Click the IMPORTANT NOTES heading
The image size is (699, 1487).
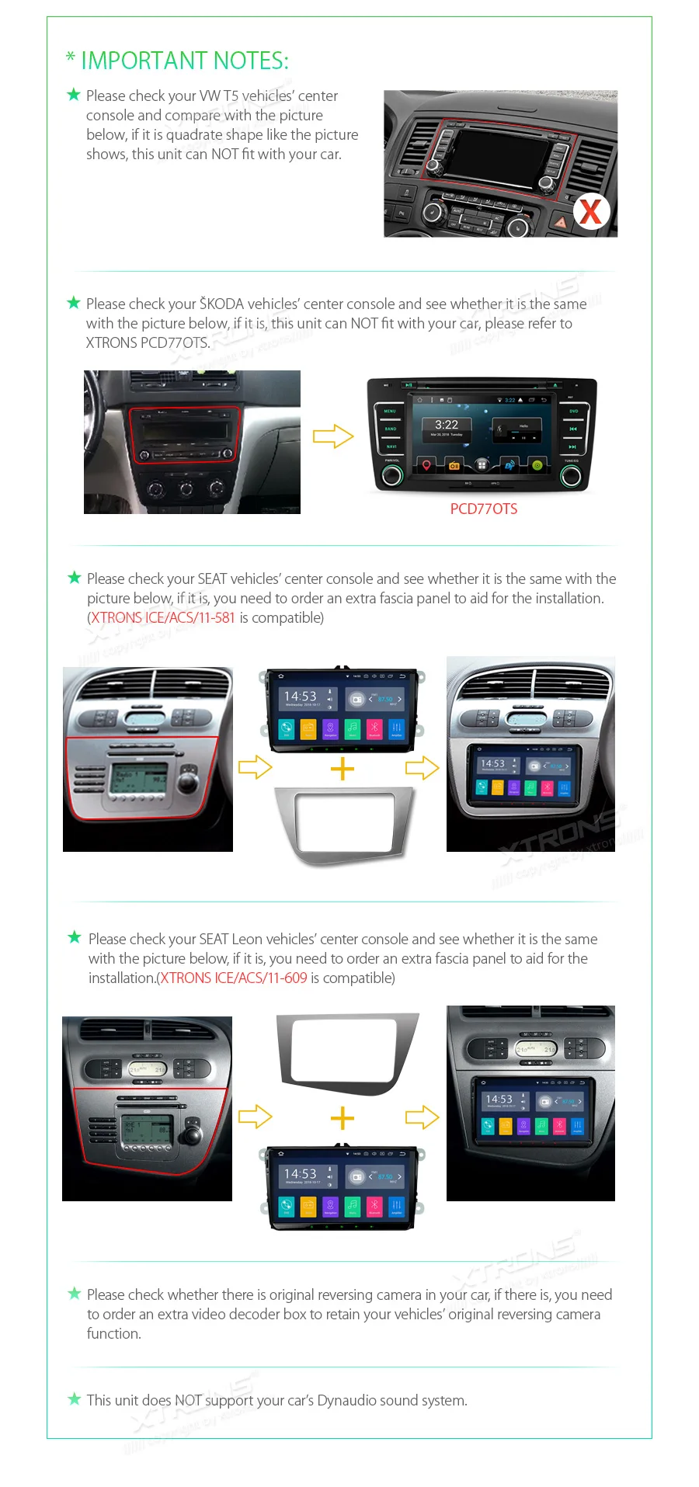184,61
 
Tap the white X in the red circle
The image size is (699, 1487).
591,211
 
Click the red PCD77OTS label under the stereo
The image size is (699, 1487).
483,509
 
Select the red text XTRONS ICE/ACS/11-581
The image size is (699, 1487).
163,618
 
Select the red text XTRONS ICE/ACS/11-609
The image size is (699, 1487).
234,978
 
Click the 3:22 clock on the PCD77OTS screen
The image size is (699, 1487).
446,425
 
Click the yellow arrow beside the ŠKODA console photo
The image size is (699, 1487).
333,436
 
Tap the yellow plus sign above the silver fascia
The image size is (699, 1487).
342,769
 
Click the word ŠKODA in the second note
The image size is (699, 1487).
221,304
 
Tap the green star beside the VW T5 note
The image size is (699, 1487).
74,95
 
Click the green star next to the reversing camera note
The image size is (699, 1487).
75,1294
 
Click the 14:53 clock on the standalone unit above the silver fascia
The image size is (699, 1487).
300,697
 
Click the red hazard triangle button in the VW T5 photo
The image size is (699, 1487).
560,221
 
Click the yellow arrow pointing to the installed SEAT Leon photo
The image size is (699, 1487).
422,1117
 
